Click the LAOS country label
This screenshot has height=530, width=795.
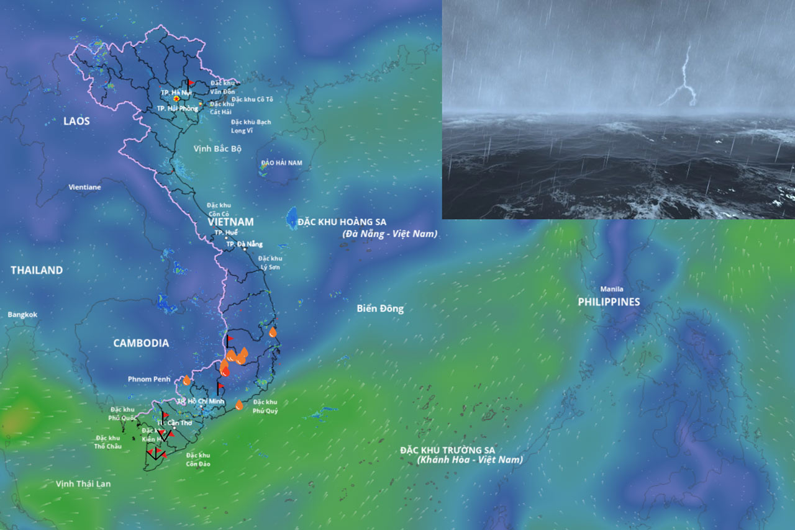[76, 121]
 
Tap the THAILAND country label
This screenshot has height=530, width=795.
[37, 270]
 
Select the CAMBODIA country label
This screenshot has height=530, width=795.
[141, 343]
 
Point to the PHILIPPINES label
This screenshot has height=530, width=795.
[609, 302]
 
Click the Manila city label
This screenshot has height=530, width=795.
[611, 289]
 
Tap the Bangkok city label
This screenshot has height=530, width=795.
[22, 315]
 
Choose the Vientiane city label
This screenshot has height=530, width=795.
[84, 187]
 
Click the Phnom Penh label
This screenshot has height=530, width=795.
[148, 379]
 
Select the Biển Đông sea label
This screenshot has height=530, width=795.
[380, 308]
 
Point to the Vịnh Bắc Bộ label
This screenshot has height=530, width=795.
[217, 149]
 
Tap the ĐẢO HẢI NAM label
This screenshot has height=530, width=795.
[281, 163]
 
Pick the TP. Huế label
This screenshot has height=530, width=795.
[226, 232]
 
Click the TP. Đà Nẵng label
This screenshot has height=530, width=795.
[244, 244]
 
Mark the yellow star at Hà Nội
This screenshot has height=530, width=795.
[177, 99]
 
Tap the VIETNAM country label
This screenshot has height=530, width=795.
[230, 222]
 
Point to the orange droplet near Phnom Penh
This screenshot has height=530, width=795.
[186, 380]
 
